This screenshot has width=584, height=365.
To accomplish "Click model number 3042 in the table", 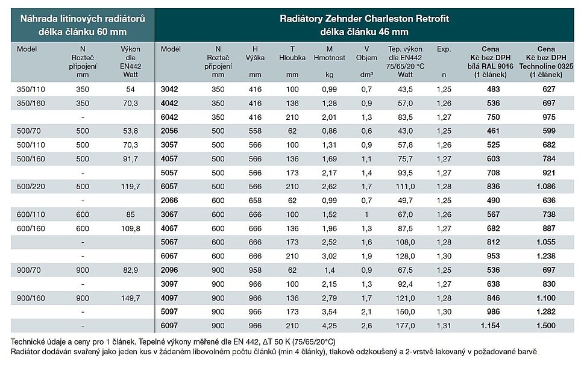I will click(169, 89).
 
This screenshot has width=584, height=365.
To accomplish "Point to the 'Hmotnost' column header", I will click(329, 58).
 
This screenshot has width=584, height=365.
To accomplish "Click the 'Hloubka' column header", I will click(292, 58).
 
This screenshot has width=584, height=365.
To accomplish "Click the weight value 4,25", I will click(329, 325).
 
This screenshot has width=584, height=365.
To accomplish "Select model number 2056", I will click(169, 131).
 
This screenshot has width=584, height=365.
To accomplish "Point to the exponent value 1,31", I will click(444, 325).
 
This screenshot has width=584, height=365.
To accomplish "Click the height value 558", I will click(255, 131).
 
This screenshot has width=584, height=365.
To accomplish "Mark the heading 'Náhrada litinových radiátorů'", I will click(78, 19).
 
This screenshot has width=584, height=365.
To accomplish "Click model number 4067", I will click(169, 228).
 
